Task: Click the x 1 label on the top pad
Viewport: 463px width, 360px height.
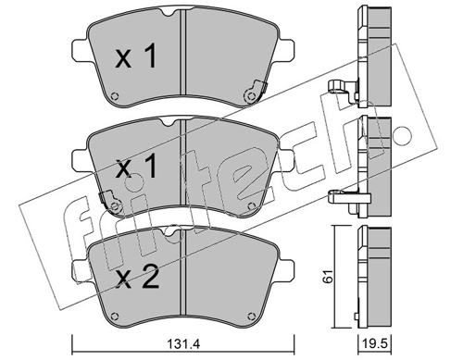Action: [136, 56]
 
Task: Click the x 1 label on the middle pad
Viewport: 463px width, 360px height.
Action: [136, 167]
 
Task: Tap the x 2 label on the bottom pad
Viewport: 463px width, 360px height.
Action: [137, 277]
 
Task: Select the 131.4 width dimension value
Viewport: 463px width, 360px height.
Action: [183, 343]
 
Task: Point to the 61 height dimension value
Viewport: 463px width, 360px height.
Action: [328, 276]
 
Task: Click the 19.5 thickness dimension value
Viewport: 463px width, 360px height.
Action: [375, 343]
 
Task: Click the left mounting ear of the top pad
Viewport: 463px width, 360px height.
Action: [81, 51]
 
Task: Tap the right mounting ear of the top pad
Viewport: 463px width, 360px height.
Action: [285, 50]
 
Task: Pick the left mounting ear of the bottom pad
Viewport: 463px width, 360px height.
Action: [81, 271]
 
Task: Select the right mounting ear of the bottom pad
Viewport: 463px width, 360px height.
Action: [286, 270]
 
